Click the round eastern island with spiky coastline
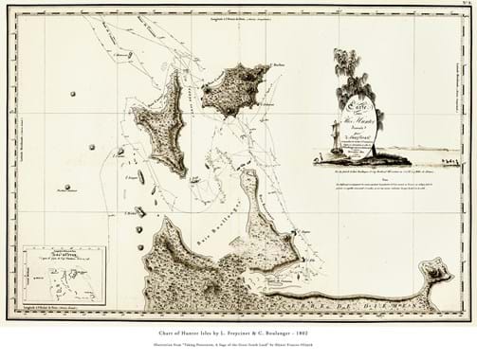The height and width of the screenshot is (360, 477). point(234,88)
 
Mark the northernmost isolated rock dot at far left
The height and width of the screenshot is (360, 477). point(72,94)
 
